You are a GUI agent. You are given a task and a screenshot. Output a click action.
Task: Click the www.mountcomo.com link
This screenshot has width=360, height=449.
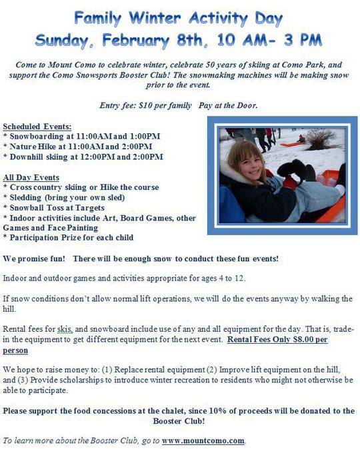[203, 440]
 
